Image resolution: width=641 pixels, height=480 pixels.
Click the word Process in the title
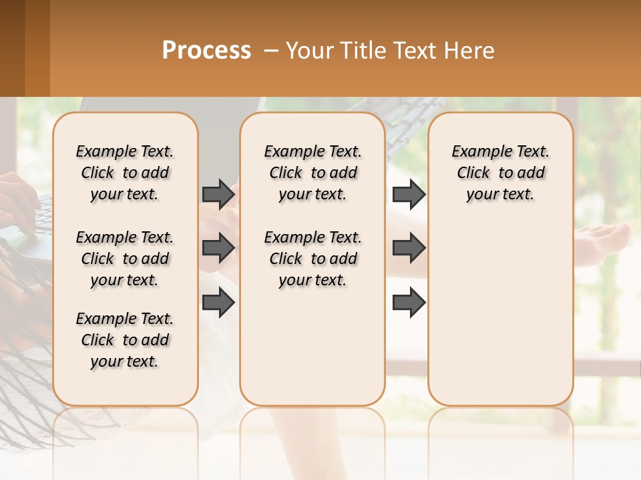click(206, 51)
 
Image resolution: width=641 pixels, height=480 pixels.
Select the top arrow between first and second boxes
click(218, 194)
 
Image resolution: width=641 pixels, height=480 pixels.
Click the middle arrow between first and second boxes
click(218, 248)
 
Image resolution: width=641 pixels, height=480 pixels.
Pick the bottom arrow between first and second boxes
click(218, 303)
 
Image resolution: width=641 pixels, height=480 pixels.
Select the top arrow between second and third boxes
click(409, 194)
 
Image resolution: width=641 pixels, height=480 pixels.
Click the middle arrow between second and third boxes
click(409, 248)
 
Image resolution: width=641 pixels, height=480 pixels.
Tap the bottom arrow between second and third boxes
click(409, 303)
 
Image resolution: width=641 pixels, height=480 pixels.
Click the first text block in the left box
click(125, 173)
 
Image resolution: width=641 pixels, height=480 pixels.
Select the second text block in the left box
click(125, 259)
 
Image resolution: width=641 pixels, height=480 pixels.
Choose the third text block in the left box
click(125, 340)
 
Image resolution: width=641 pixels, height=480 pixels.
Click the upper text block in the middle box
click(312, 173)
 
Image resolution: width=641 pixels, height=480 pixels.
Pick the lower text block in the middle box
click(312, 259)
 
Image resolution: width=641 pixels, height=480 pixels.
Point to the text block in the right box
click(500, 173)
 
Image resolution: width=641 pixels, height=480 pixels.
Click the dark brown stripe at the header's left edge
click(12, 48)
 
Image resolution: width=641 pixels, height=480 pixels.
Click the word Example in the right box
click(477, 152)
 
